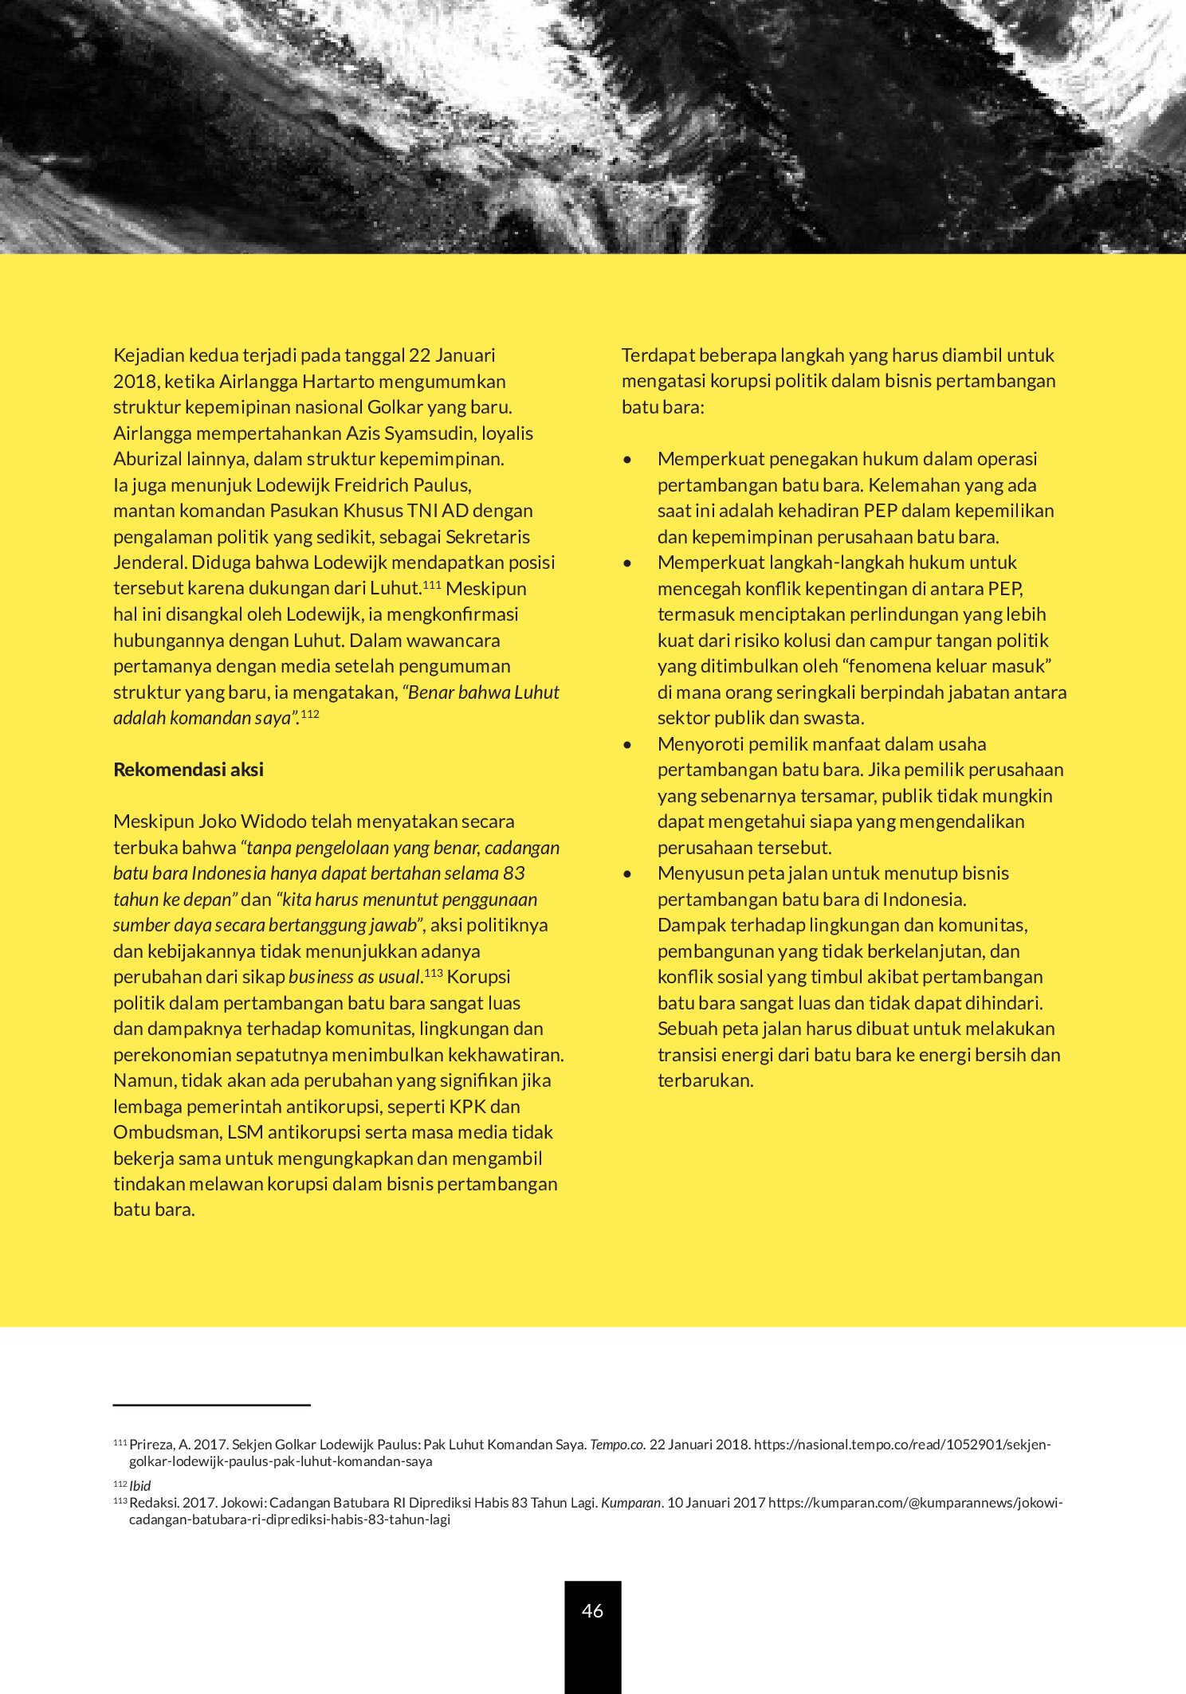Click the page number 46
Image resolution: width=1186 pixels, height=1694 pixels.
[x=592, y=1611]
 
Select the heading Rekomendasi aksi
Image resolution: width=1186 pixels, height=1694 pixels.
[x=188, y=770]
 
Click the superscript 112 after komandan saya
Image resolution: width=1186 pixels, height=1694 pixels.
[x=310, y=714]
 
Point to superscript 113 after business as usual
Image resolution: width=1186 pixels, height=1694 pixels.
[x=434, y=973]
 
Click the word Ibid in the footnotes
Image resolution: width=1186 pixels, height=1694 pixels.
[x=140, y=1485]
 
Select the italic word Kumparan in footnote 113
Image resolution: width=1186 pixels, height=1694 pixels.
[x=630, y=1503]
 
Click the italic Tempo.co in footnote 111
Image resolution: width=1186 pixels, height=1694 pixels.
[x=616, y=1445]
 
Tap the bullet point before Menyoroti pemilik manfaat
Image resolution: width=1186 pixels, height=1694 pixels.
[x=628, y=745]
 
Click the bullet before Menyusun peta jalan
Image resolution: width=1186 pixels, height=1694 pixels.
[x=628, y=874]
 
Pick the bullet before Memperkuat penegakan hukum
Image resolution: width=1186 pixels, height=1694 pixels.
[x=628, y=460]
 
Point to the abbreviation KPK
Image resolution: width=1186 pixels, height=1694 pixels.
[x=468, y=1107]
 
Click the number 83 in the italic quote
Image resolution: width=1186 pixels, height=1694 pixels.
[x=514, y=873]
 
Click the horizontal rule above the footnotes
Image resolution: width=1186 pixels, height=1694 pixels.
[x=211, y=1406]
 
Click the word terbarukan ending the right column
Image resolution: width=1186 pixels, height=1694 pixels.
[x=705, y=1080]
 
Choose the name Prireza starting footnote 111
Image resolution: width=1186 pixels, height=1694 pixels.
[x=151, y=1445]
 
